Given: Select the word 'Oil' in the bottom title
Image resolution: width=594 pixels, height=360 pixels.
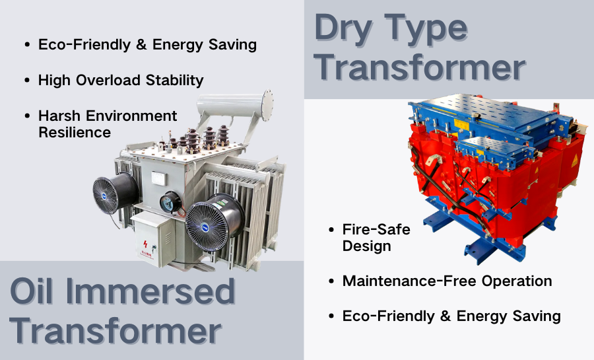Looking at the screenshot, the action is click(x=32, y=291).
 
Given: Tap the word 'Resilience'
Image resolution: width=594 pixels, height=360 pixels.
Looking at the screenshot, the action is click(x=75, y=133).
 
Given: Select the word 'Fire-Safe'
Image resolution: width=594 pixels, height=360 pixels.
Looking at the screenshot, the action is click(x=376, y=229).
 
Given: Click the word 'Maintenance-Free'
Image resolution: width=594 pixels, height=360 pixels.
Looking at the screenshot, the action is click(x=409, y=281).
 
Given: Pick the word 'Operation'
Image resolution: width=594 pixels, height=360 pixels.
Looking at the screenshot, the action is click(x=517, y=281).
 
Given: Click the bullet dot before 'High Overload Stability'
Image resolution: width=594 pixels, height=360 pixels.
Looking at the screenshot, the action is click(x=27, y=81).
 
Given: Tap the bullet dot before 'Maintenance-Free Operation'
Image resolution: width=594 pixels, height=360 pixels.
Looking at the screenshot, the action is click(x=331, y=281).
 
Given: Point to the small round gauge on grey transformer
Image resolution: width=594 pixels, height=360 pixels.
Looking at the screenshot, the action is click(x=170, y=202).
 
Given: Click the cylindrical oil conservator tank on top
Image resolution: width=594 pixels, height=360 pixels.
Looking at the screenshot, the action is click(x=235, y=104).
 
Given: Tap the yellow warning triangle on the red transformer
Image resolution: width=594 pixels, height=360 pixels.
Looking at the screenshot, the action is click(x=574, y=160).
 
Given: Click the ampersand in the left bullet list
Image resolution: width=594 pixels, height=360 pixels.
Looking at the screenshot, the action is click(x=141, y=45).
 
